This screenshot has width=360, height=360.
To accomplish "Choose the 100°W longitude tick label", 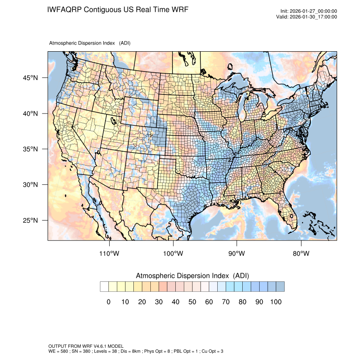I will [x=173, y=254].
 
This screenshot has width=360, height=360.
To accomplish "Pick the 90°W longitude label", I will [x=237, y=254].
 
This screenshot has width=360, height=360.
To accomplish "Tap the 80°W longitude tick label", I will [x=301, y=254].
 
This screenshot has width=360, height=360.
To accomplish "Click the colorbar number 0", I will [x=108, y=302].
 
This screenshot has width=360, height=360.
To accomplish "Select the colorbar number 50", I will [x=192, y=302].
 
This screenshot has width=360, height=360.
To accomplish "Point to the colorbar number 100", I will [x=276, y=302].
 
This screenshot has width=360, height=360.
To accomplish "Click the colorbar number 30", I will [x=159, y=302].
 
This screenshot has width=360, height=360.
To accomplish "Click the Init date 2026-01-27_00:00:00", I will [x=313, y=11].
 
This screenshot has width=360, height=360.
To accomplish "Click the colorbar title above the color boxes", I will [x=192, y=276].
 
